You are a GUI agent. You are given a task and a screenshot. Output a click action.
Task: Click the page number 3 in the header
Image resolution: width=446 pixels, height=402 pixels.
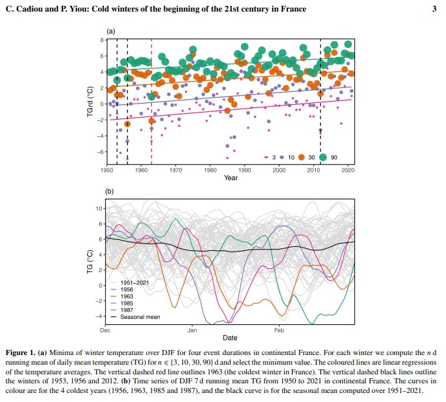pos(434,9)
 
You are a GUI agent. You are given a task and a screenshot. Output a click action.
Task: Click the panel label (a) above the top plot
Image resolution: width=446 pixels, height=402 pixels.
pos(110,31)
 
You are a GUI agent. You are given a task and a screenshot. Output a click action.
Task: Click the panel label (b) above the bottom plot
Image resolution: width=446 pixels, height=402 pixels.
pos(110,192)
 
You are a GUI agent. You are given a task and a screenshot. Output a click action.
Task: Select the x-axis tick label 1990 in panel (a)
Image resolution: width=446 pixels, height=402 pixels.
pos(244,170)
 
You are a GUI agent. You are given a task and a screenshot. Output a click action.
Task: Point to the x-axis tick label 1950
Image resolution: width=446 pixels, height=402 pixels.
pos(106,170)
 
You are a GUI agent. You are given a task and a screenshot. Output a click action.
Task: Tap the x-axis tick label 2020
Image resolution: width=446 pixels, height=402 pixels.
pos(348,170)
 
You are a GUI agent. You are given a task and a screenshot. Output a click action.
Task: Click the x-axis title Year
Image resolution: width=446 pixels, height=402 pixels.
pos(231,178)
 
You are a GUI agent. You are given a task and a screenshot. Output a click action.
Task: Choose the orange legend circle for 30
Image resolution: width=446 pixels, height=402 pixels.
pos(303,157)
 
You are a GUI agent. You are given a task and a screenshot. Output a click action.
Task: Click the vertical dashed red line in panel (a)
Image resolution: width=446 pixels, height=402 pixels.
pos(151,96)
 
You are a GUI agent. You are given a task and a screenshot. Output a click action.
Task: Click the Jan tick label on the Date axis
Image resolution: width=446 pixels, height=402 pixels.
pos(192,330)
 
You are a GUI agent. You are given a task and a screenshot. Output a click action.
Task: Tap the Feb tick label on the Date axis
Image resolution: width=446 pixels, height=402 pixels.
pos(279,330)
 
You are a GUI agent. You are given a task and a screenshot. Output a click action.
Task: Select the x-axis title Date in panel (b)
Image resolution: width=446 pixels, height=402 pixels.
pos(230,338)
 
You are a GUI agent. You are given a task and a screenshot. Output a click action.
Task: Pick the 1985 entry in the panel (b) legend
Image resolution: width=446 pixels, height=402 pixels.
pos(127,304)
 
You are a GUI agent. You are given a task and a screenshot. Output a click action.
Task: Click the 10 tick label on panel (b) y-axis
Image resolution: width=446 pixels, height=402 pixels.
pos(99,208)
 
